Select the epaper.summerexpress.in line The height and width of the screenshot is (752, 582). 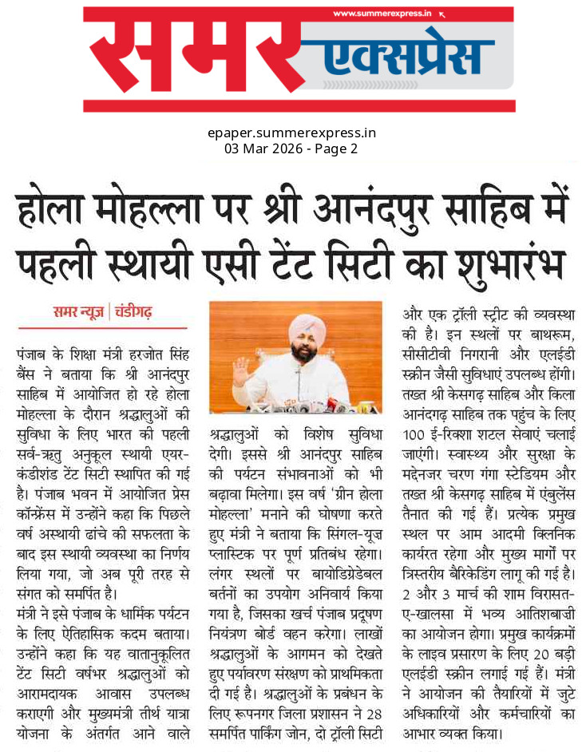(x=291, y=133)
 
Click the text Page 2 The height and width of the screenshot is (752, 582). (x=336, y=148)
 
